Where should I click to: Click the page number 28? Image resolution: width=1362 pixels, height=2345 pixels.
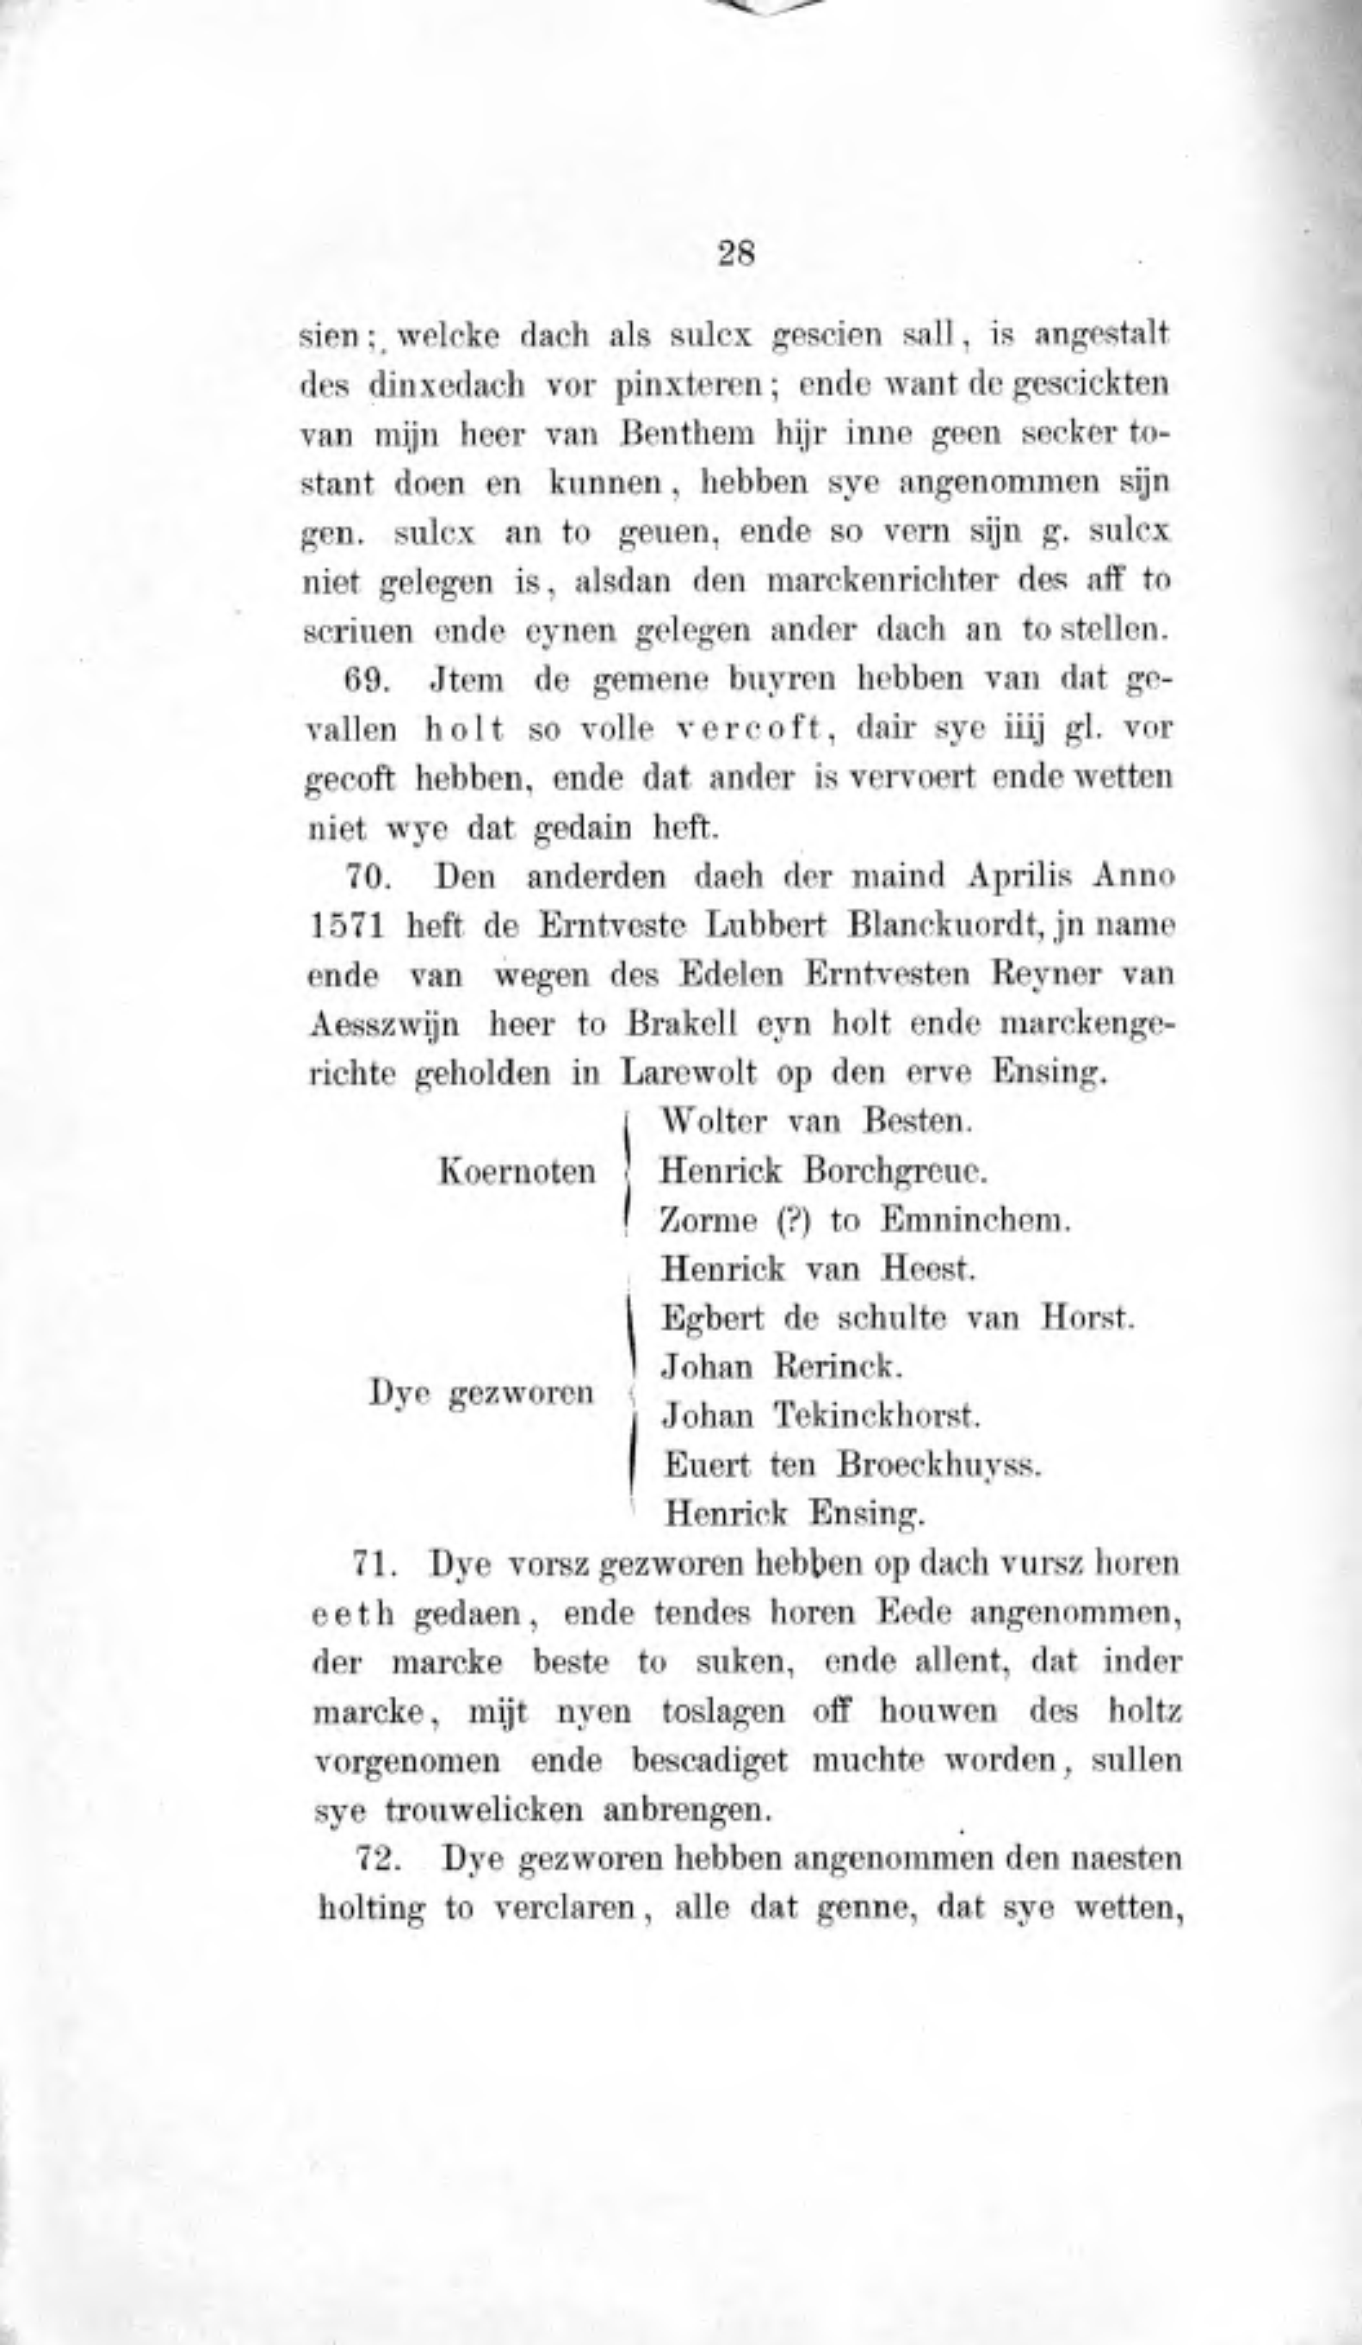click(736, 253)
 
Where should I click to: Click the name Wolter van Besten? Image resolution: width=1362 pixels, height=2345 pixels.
click(815, 1122)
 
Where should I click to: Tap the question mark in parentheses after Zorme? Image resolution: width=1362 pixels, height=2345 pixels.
click(789, 1220)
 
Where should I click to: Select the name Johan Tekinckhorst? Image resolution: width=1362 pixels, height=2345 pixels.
click(821, 1416)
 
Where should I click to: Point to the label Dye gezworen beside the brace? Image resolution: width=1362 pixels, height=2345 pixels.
click(481, 1393)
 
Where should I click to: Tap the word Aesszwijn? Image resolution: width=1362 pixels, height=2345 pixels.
click(386, 1024)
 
